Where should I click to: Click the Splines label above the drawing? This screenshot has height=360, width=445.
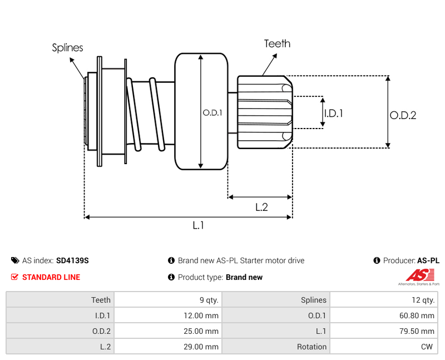(67, 48)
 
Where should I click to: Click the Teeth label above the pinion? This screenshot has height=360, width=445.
(277, 43)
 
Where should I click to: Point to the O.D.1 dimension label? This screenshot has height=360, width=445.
(212, 112)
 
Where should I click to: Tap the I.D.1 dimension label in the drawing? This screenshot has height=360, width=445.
(333, 113)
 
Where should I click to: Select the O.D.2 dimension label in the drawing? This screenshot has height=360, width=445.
(403, 115)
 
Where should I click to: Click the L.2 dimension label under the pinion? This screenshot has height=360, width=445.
(261, 207)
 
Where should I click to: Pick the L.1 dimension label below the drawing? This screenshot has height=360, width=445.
(199, 225)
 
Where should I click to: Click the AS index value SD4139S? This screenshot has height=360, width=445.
(72, 260)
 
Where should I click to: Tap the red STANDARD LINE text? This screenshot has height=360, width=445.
(51, 277)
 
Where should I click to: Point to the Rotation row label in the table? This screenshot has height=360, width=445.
(311, 347)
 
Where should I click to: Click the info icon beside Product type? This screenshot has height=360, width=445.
(171, 277)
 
